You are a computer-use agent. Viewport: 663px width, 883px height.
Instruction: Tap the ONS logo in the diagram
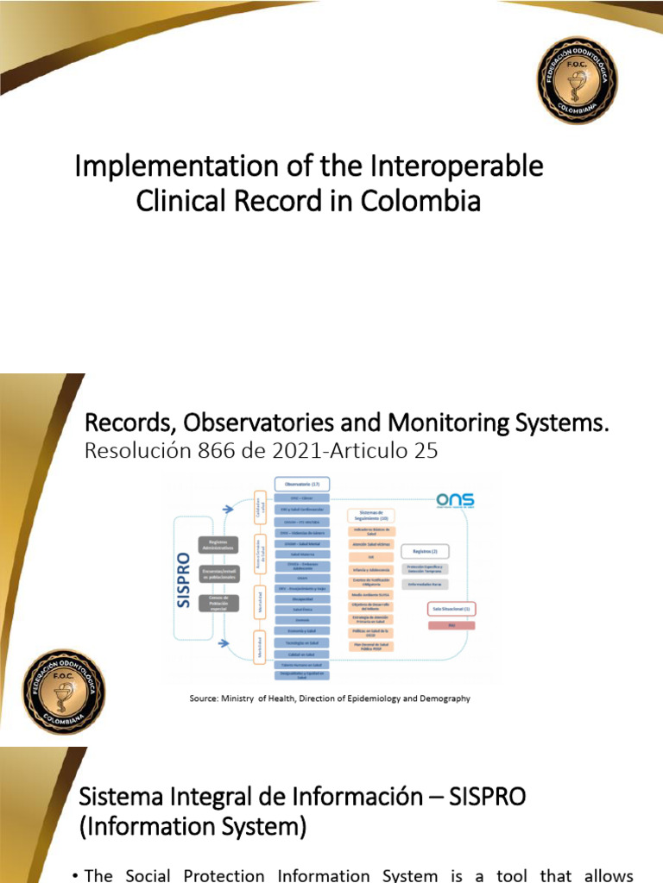pyautogui.click(x=455, y=501)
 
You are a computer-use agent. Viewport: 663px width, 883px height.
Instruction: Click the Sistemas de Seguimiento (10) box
pyautogui.click(x=371, y=515)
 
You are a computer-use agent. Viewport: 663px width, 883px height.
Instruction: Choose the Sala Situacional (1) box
pyautogui.click(x=452, y=609)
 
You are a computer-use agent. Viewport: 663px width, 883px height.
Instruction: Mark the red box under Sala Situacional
pyautogui.click(x=451, y=625)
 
